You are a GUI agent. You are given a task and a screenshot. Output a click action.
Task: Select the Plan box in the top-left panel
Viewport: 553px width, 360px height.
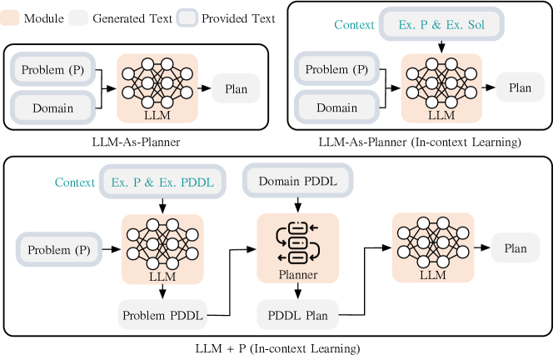coord(236,87)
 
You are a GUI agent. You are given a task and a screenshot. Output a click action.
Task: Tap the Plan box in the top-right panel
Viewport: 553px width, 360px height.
coord(520,87)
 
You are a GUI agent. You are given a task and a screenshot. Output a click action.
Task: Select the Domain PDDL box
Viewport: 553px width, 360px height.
coord(297,182)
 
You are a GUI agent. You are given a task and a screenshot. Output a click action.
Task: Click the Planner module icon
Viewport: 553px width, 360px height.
coord(297,241)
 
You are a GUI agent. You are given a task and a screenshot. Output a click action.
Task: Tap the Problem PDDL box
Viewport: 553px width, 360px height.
coord(162,314)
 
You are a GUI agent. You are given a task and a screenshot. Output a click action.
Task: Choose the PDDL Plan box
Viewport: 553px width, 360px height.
coord(297,314)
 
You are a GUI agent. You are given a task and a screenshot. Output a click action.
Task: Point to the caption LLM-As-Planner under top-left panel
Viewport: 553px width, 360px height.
coord(136,142)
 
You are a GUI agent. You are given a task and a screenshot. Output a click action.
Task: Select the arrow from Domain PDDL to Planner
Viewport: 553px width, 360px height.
coord(297,206)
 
